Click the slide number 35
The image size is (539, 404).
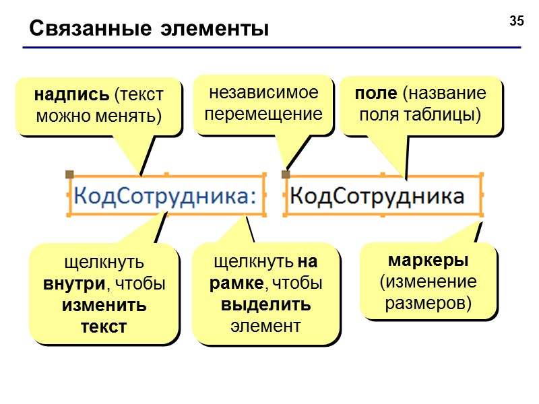(517, 21)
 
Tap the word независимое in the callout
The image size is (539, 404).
(263, 92)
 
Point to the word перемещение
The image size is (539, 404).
(263, 114)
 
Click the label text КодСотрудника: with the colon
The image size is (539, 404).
(165, 196)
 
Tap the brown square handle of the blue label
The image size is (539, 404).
(69, 174)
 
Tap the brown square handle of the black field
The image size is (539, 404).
(286, 174)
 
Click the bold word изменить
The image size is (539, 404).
(104, 305)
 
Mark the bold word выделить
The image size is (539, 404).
(265, 304)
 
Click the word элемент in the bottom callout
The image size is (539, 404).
(265, 326)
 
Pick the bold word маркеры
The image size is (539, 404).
(429, 260)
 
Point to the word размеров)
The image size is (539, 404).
(429, 303)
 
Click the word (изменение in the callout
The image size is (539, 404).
(429, 281)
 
